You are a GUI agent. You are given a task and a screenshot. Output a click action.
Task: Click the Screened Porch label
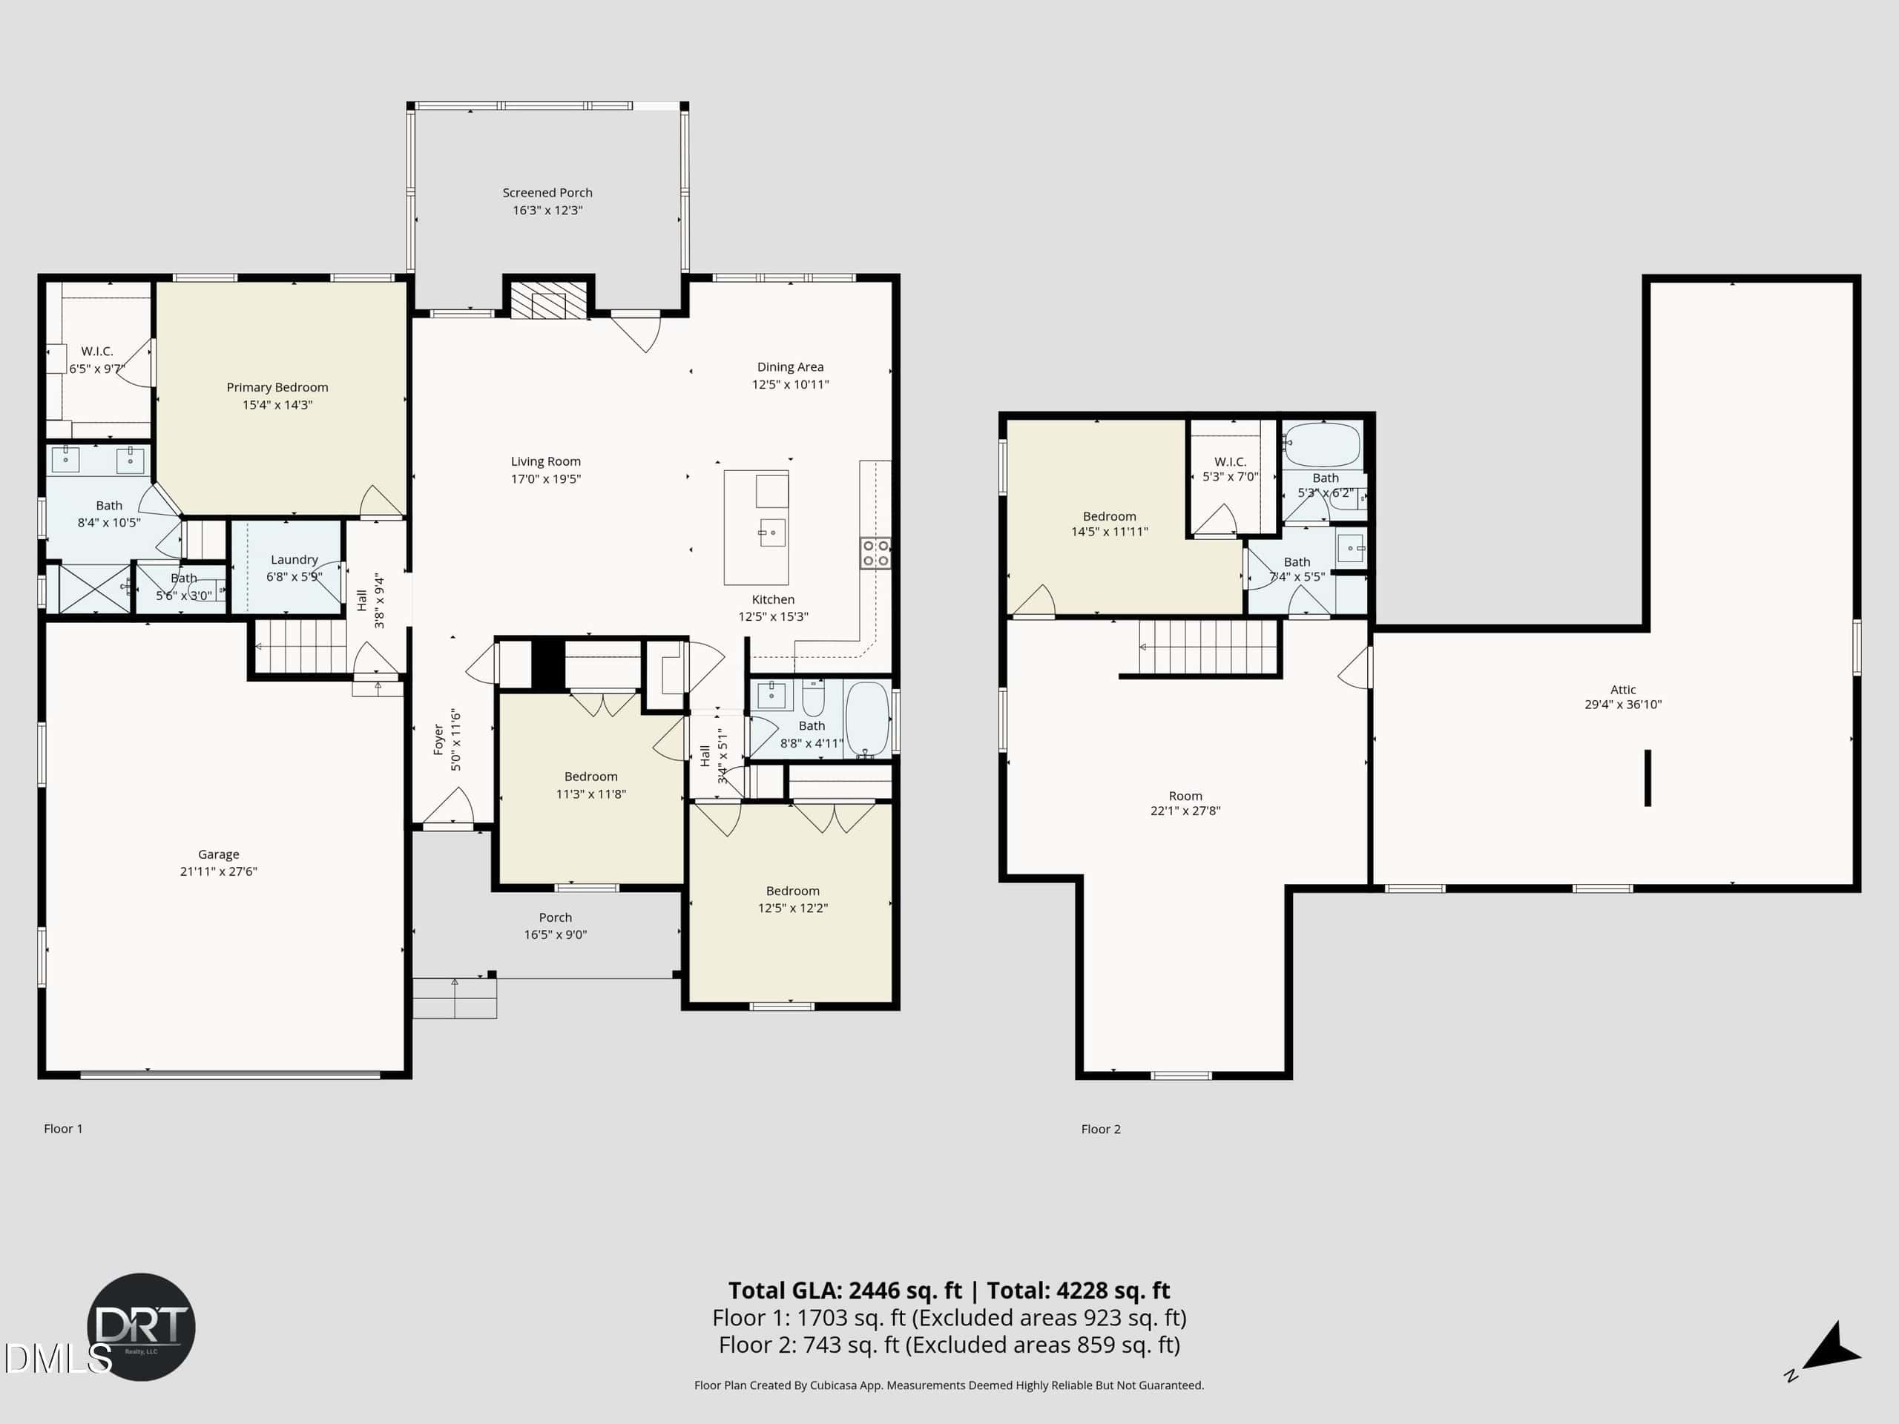547,193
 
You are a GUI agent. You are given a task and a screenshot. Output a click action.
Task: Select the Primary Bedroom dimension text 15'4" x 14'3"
277,405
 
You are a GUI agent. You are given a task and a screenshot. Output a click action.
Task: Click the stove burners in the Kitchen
875,553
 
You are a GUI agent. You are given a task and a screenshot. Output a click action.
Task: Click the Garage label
219,854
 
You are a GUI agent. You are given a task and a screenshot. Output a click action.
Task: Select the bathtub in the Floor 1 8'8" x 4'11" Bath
867,719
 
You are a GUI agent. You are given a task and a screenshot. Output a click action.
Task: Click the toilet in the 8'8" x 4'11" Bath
813,698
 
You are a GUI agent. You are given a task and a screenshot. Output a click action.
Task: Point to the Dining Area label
790,367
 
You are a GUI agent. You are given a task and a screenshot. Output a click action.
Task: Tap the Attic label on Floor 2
1622,689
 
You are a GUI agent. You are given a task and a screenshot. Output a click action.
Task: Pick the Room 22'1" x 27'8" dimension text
1185,811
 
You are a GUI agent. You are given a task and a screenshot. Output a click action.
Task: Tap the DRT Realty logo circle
142,1327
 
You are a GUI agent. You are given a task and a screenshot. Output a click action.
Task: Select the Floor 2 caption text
1101,1130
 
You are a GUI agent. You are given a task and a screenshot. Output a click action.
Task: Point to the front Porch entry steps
454,998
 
